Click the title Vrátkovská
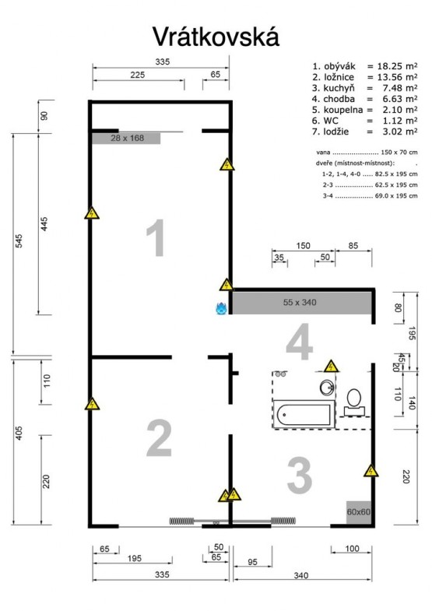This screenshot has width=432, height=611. pyautogui.click(x=216, y=37)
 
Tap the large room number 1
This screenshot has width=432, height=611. pyautogui.click(x=156, y=237)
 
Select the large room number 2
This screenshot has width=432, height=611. pyautogui.click(x=159, y=438)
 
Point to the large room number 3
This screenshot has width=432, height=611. pyautogui.click(x=300, y=475)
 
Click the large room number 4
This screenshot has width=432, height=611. pyautogui.click(x=299, y=342)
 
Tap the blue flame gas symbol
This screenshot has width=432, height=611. pyautogui.click(x=221, y=308)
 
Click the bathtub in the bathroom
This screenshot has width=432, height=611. pyautogui.click(x=304, y=414)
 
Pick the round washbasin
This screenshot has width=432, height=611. pyautogui.click(x=327, y=388)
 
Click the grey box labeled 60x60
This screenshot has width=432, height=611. pyautogui.click(x=358, y=512)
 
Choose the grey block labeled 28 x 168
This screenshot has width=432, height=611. pyautogui.click(x=126, y=139)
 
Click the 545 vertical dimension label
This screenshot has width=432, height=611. pyautogui.click(x=19, y=241)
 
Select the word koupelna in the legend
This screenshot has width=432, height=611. pyautogui.click(x=342, y=110)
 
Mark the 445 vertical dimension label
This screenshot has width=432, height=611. pyautogui.click(x=44, y=224)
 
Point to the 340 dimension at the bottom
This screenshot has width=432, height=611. pyautogui.click(x=301, y=575)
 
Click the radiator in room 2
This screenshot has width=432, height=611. pyautogui.click(x=182, y=521)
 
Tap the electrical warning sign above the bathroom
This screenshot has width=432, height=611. pyautogui.click(x=331, y=366)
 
